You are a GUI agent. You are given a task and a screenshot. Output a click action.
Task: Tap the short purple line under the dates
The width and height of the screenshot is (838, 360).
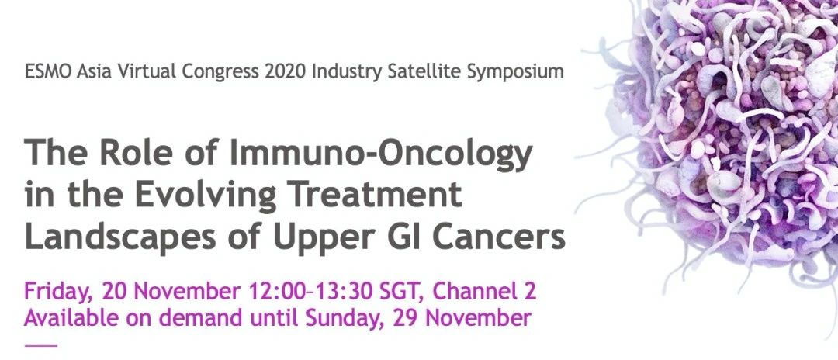click(x=40, y=345)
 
